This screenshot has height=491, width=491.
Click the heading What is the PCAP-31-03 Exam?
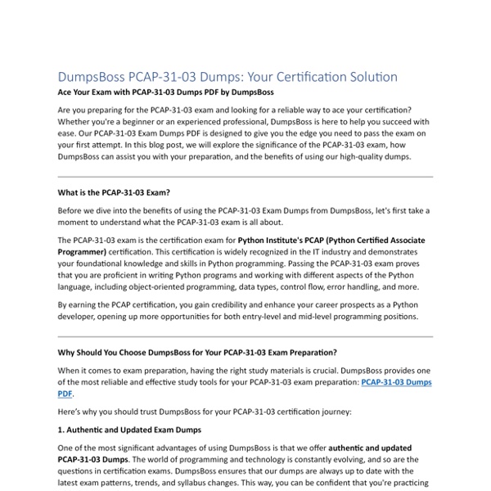tap(114, 193)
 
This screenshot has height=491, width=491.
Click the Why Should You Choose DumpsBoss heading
tap(197, 353)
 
